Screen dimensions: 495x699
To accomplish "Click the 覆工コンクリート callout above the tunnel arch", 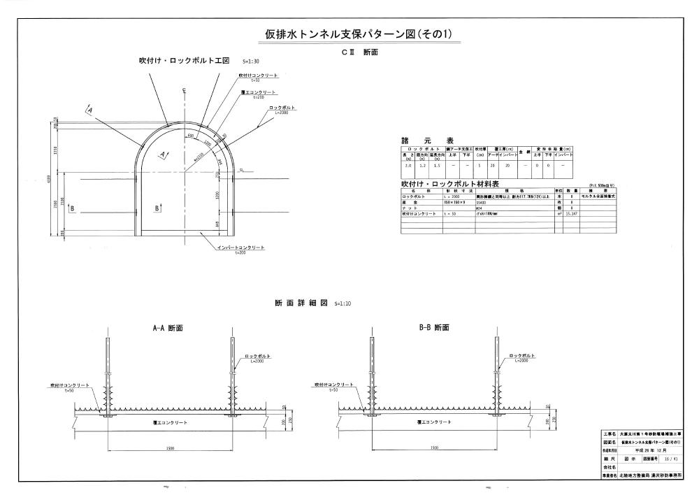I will point(259,92).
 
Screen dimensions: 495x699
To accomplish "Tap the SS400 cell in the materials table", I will point(482,202).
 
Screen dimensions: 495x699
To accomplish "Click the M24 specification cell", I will point(480,207).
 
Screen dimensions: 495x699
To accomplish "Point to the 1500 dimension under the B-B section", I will point(434,447).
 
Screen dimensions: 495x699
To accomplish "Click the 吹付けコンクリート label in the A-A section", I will point(69,385).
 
